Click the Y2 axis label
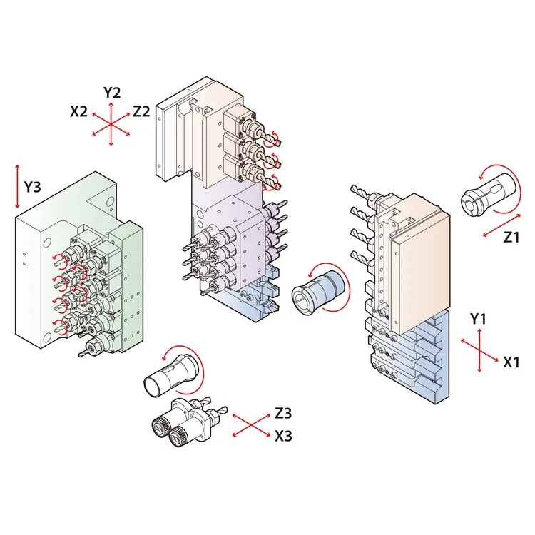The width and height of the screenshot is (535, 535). tap(112, 93)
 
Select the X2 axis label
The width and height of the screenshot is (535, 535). tap(78, 111)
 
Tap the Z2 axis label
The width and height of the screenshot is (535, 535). tap(141, 111)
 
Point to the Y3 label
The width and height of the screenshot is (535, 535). tap(32, 187)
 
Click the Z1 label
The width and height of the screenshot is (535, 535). tap(511, 237)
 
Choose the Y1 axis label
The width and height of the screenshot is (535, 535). tap(478, 319)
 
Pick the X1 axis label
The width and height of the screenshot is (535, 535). tap(511, 362)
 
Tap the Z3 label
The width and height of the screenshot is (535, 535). tap(283, 413)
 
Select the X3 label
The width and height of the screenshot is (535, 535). tap(283, 436)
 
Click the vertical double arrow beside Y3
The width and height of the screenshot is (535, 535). tap(17, 187)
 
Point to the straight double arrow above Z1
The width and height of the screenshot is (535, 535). tap(501, 225)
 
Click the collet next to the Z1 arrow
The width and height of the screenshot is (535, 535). tap(481, 195)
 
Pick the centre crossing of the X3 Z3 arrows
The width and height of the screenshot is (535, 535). tap(252, 424)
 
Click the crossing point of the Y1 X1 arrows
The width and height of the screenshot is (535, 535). tap(479, 350)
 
